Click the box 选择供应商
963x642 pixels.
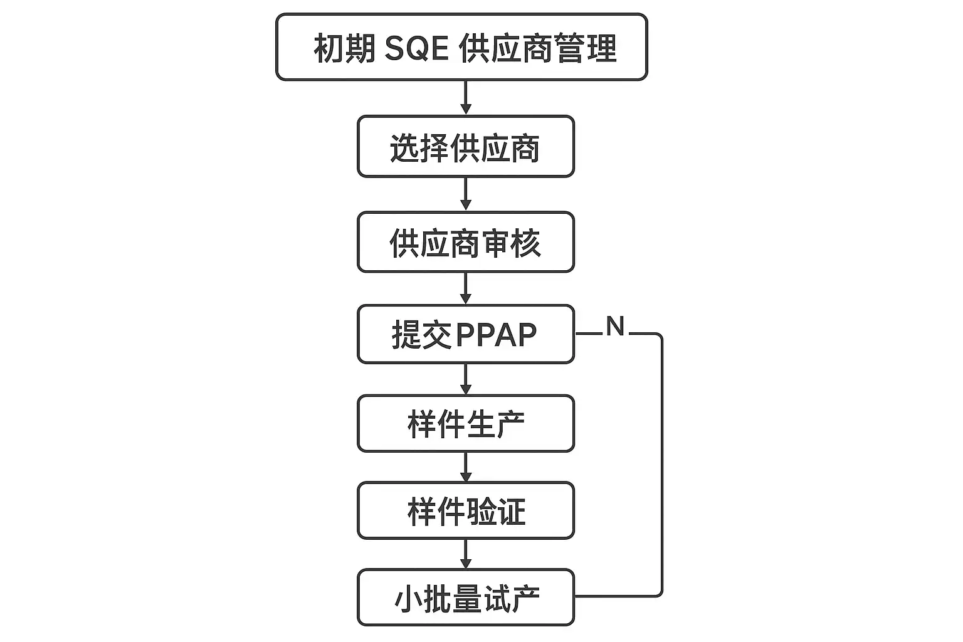(x=465, y=146)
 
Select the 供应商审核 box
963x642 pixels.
(x=465, y=242)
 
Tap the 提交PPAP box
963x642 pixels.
(x=465, y=334)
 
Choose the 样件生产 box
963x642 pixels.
(x=465, y=423)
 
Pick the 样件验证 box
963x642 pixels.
(x=465, y=510)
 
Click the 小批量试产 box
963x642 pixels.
(x=465, y=597)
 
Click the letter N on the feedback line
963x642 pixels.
(x=615, y=326)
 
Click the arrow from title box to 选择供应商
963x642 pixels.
(x=465, y=98)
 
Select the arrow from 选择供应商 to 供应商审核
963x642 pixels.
(x=465, y=194)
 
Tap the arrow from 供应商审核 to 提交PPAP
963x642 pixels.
(x=465, y=288)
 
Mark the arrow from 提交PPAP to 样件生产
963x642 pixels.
(x=465, y=379)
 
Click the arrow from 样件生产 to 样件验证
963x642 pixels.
(x=465, y=466)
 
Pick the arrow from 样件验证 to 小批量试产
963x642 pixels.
(x=465, y=554)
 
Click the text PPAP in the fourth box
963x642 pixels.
(x=497, y=335)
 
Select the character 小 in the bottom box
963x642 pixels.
(x=408, y=599)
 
